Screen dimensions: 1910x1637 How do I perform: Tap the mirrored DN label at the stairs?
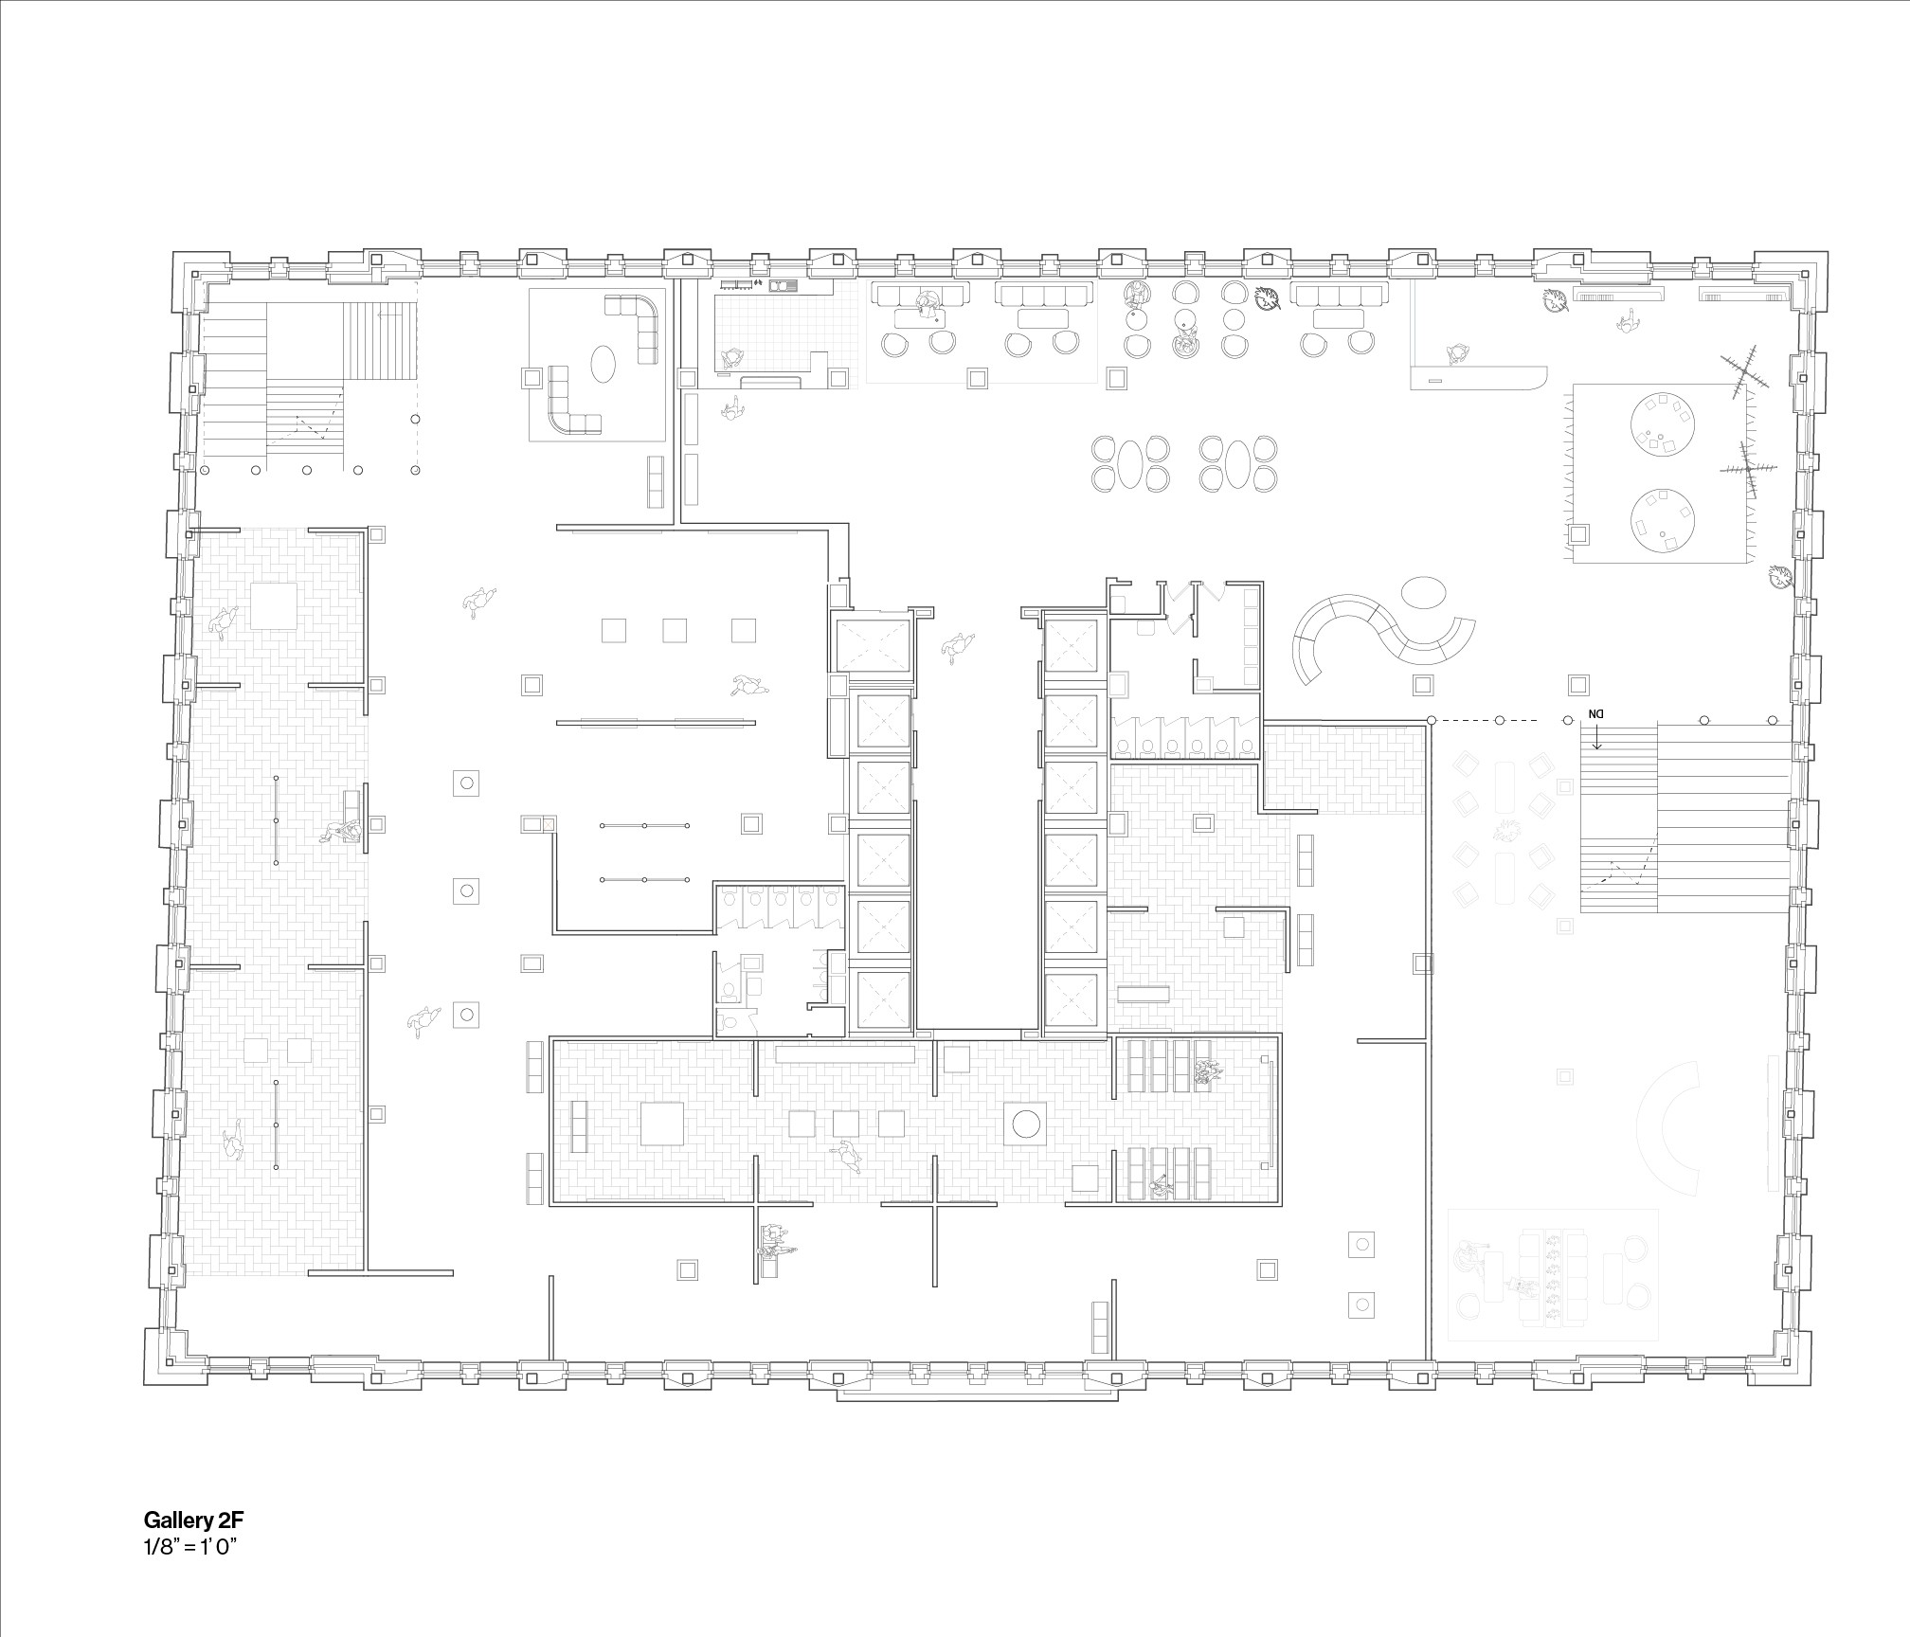(1596, 713)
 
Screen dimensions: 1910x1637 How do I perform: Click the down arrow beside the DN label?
(1597, 737)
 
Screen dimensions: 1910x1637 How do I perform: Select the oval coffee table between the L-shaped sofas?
(603, 362)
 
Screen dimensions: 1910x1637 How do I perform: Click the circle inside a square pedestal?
(1026, 1124)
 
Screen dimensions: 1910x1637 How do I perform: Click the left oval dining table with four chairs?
(1129, 463)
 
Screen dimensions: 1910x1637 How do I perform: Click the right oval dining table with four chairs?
(1237, 463)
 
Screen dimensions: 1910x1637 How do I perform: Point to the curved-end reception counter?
(1479, 378)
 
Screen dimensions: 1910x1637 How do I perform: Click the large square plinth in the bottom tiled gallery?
(669, 1124)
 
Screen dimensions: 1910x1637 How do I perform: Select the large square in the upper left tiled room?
(273, 606)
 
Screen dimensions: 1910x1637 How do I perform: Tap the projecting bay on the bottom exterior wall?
(975, 1396)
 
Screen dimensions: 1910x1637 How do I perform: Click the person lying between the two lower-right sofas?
(1517, 1287)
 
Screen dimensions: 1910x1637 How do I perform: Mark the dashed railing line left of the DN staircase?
(1497, 722)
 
